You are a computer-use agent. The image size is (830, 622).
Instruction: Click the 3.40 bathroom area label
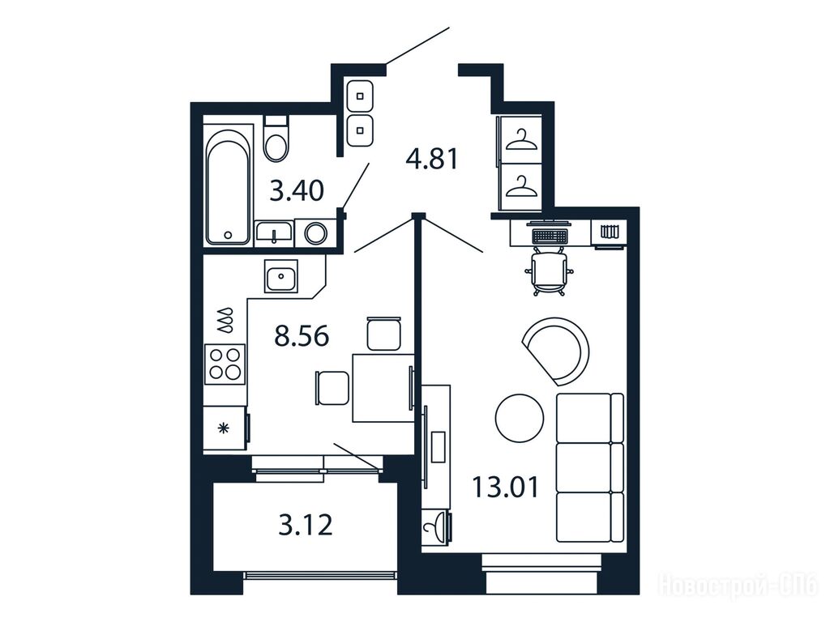click(x=297, y=190)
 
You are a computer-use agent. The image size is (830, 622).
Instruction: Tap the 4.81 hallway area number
click(x=432, y=158)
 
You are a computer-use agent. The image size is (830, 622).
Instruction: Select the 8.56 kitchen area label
click(x=302, y=336)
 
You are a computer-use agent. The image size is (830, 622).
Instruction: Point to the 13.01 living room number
click(x=505, y=487)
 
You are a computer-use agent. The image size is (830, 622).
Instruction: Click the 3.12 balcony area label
click(x=306, y=525)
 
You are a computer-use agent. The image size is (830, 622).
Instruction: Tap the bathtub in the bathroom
click(x=228, y=187)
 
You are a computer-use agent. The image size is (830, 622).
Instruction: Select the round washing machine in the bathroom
click(x=316, y=232)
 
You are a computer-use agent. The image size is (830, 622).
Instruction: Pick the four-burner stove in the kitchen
click(x=225, y=364)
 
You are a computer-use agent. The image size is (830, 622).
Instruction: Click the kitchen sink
click(x=281, y=276)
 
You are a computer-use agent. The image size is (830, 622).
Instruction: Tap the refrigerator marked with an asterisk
click(x=225, y=428)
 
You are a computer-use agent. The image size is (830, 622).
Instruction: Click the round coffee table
click(x=520, y=419)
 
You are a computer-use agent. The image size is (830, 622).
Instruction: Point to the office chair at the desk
click(x=549, y=272)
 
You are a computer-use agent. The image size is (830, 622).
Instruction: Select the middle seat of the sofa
click(x=590, y=466)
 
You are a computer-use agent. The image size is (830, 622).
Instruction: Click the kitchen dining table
click(x=383, y=388)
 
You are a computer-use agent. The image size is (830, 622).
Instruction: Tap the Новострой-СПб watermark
click(x=738, y=585)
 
